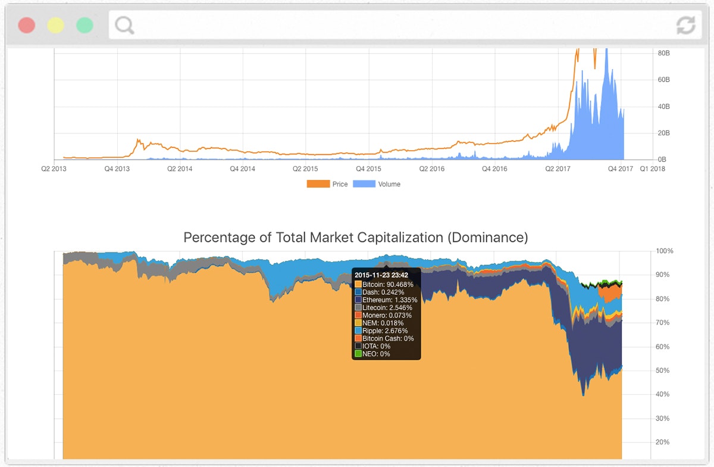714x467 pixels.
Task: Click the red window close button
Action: (27, 25)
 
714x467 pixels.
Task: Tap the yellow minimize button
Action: (56, 25)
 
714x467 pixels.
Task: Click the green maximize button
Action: (85, 25)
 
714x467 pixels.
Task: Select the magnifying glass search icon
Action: (124, 25)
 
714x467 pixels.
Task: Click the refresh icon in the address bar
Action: (685, 25)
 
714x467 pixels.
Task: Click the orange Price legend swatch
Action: (318, 185)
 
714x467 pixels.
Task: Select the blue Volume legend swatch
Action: (364, 185)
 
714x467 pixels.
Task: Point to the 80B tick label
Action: (664, 53)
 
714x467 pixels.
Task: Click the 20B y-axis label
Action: (664, 133)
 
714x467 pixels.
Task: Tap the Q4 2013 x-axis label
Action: (117, 169)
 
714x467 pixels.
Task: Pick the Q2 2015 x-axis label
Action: (305, 169)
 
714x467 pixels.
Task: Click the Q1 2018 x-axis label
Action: (653, 169)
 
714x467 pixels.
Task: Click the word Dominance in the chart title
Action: (488, 238)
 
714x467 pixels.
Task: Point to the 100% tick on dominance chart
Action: (664, 251)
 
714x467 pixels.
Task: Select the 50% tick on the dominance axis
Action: (662, 371)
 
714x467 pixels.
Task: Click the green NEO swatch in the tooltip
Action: (358, 354)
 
